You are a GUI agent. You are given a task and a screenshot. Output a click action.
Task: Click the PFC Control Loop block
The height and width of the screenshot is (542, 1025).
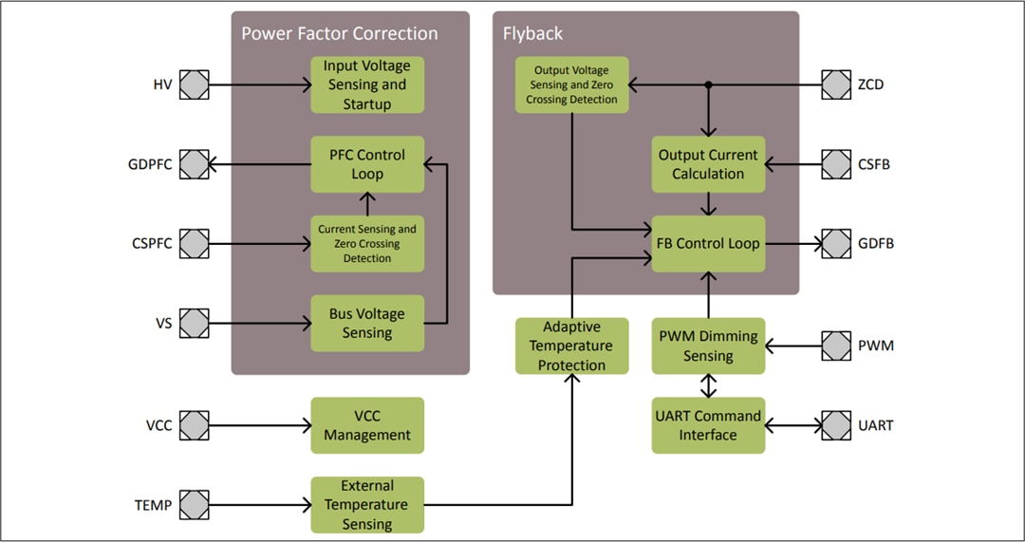tap(367, 164)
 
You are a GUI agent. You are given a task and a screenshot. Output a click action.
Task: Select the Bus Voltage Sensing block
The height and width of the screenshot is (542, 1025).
tap(367, 323)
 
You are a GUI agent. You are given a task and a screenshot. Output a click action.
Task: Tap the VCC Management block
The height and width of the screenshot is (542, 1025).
tap(367, 425)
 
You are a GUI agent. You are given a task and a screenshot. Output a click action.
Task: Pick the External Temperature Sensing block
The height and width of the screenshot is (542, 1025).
tap(367, 505)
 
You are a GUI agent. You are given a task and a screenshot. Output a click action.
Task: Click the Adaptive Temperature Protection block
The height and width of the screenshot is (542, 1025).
tap(571, 346)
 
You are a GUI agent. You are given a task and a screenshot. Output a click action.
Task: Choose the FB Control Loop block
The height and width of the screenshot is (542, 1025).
tap(708, 244)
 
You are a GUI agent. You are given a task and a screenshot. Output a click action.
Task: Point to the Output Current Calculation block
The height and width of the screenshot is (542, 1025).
tap(708, 164)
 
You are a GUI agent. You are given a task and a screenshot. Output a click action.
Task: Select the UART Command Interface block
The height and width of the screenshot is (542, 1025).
tap(708, 425)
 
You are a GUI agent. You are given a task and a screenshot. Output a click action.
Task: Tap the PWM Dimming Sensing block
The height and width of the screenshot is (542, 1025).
tap(708, 346)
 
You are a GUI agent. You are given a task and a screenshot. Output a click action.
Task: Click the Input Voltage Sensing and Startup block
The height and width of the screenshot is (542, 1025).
tap(367, 84)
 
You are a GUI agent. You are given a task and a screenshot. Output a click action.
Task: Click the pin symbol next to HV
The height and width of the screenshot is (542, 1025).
tap(194, 84)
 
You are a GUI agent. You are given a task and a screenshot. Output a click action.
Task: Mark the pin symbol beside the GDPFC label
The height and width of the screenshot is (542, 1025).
tap(194, 164)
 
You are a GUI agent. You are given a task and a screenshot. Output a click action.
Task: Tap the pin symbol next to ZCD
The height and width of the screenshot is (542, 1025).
tap(836, 84)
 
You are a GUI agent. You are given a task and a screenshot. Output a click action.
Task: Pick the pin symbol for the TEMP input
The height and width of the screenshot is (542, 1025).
tap(194, 505)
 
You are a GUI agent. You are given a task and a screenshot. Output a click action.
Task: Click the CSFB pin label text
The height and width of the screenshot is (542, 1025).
tap(873, 164)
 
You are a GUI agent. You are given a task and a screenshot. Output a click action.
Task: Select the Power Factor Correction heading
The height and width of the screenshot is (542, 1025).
tap(340, 33)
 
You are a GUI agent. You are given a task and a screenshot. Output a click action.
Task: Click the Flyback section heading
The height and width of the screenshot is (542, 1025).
tap(532, 33)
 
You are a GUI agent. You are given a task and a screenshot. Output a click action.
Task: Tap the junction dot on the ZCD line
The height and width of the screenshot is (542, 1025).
tap(708, 84)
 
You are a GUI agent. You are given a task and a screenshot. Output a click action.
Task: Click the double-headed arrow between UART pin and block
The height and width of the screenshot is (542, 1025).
tap(793, 425)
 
